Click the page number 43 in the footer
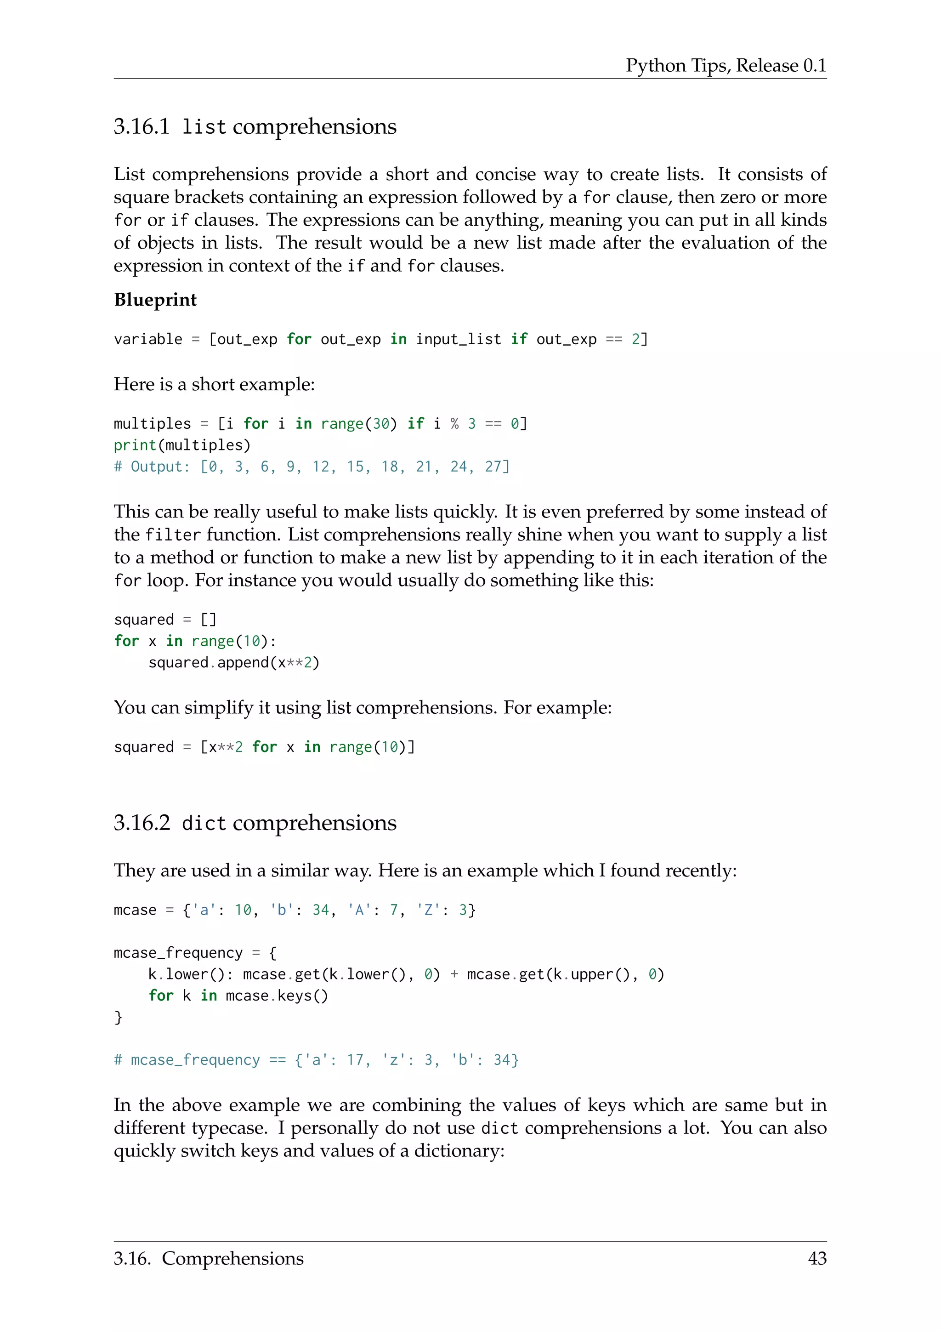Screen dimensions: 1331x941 click(x=816, y=1258)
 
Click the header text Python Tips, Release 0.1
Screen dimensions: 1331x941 click(x=726, y=66)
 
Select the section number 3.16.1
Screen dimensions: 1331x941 click(x=142, y=126)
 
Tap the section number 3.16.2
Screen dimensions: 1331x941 click(x=142, y=823)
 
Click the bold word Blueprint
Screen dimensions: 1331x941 click(x=155, y=300)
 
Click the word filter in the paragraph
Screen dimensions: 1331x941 click(x=173, y=535)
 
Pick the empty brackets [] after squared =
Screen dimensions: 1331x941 click(x=209, y=620)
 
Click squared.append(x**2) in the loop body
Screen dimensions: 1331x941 click(x=233, y=663)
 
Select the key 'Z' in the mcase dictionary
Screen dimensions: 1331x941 click(x=428, y=910)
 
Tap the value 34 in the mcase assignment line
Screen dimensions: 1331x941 click(x=320, y=910)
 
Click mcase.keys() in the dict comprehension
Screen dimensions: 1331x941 click(x=277, y=996)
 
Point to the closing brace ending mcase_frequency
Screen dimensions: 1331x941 click(x=118, y=1018)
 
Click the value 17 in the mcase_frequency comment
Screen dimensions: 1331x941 click(x=355, y=1060)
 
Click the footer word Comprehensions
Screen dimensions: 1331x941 click(x=232, y=1258)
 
